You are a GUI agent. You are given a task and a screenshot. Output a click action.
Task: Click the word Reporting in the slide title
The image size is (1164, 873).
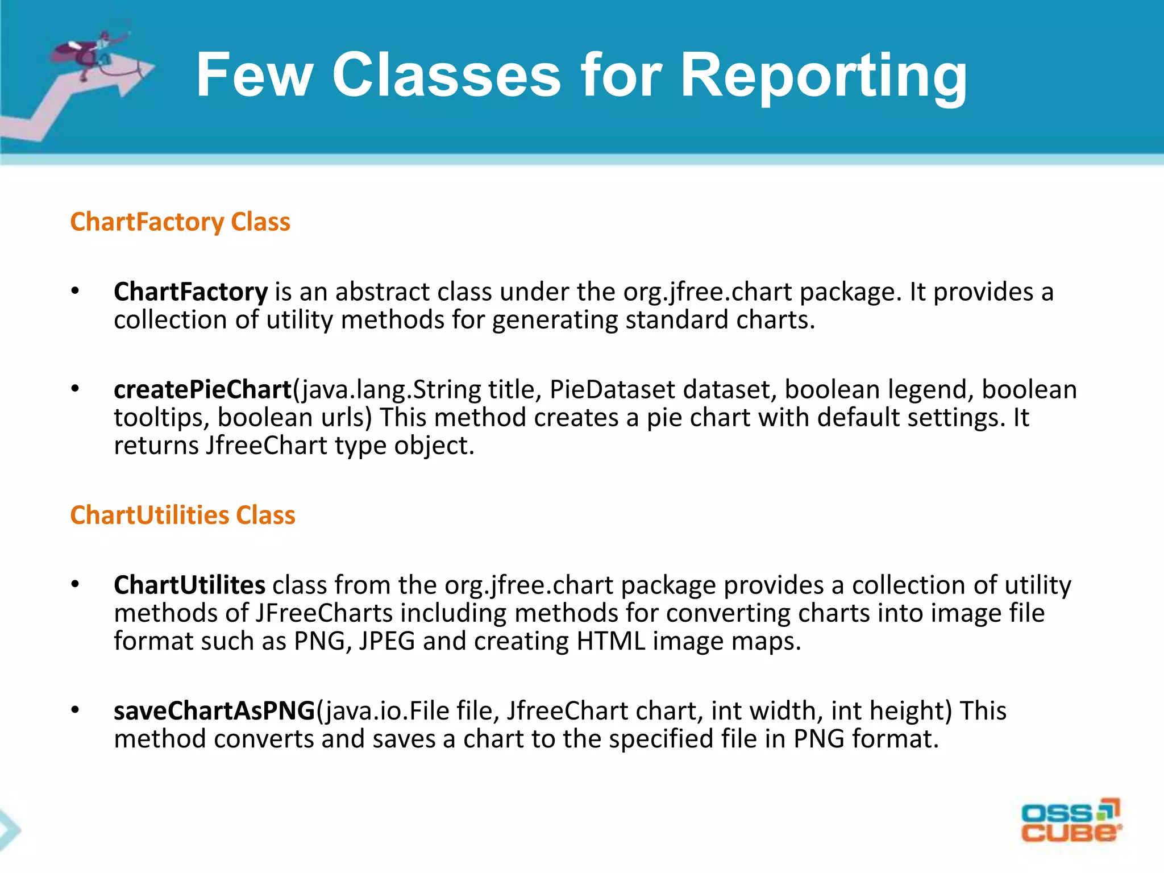tap(824, 76)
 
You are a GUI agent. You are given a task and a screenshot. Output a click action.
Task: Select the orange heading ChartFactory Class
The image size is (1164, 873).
tap(180, 222)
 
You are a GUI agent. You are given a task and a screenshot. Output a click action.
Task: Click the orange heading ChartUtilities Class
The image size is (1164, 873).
tap(182, 515)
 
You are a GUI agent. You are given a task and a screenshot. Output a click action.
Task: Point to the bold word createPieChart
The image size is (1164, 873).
tap(202, 389)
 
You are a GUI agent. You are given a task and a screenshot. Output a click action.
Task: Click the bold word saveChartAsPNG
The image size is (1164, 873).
tap(214, 711)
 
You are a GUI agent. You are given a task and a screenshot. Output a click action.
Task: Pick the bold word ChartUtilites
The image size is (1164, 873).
tap(189, 585)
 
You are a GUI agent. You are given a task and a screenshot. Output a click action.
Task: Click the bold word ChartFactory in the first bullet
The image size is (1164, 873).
tap(190, 292)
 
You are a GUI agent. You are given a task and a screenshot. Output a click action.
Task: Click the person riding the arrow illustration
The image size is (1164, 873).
tap(91, 51)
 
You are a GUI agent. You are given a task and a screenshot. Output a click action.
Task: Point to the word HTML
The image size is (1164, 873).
tap(610, 641)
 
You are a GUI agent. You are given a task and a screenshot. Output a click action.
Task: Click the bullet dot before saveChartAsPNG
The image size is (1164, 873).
tap(76, 710)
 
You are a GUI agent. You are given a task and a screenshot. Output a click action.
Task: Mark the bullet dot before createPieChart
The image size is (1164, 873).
tap(76, 389)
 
